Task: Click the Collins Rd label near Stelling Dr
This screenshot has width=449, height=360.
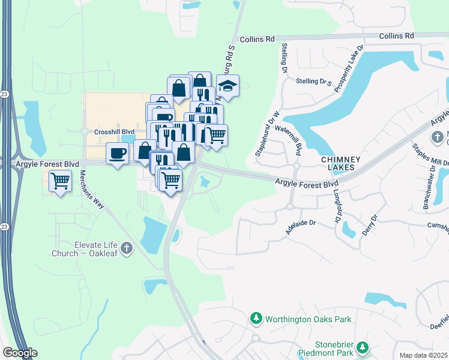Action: [x=257, y=39]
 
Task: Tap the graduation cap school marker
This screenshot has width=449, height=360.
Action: [x=228, y=86]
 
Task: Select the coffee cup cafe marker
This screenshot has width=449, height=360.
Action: [x=117, y=154]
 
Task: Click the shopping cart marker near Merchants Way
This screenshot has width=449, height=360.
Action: [x=60, y=180]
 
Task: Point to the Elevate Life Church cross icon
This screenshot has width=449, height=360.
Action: [x=126, y=248]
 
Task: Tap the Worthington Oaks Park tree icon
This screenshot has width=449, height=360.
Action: [x=256, y=319]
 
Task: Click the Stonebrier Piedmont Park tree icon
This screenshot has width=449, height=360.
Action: [x=362, y=347]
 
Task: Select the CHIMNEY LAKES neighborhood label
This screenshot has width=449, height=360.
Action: [x=340, y=164]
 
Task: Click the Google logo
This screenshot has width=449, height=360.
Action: [x=19, y=353]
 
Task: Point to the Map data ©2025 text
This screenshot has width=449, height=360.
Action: [x=424, y=355]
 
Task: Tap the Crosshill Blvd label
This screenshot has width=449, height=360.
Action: [x=114, y=131]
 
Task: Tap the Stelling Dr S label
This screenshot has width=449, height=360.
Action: [x=318, y=81]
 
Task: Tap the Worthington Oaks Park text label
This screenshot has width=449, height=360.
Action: [x=309, y=320]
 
